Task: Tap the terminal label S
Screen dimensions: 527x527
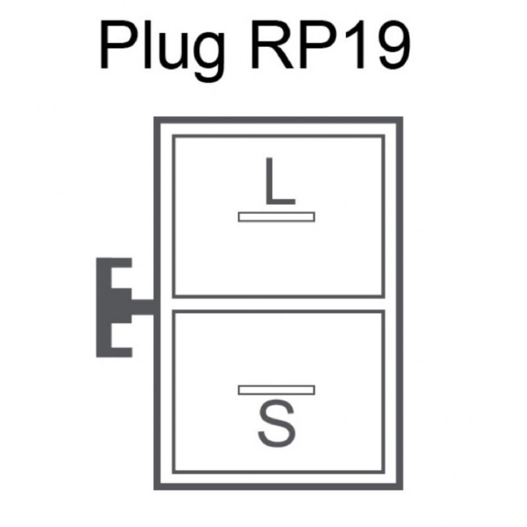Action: (277, 425)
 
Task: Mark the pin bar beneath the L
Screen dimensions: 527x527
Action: (277, 217)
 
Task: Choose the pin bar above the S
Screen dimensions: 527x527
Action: (277, 390)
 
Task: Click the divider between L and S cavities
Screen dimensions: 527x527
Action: (278, 304)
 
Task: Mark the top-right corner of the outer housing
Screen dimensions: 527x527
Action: (399, 121)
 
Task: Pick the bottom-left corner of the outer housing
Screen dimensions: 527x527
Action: (157, 487)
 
